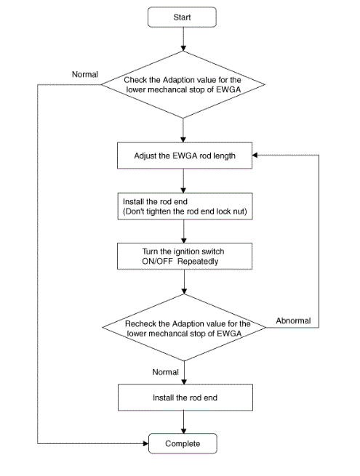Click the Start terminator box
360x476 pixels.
[x=182, y=17]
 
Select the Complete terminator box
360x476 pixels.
[x=183, y=443]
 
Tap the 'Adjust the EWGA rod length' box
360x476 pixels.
[x=185, y=156]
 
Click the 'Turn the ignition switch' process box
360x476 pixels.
[x=185, y=257]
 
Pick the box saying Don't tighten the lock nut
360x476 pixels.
[x=185, y=206]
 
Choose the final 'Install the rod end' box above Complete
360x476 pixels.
[x=185, y=398]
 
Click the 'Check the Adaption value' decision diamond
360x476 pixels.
[x=183, y=85]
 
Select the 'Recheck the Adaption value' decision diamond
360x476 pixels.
[x=184, y=328]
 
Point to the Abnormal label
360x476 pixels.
[x=293, y=321]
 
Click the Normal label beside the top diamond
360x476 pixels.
[x=85, y=74]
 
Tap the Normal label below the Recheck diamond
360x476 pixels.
[x=165, y=372]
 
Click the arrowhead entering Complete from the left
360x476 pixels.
[x=146, y=443]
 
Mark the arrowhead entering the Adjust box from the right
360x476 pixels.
[x=255, y=155]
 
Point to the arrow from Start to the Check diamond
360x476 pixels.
[x=183, y=39]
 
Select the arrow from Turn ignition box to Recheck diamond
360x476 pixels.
[x=184, y=282]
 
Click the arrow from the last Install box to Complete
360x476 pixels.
[x=183, y=422]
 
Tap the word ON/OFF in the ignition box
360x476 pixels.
[x=157, y=262]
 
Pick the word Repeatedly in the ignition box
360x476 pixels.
[x=198, y=262]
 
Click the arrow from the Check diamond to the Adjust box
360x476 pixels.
[x=183, y=130]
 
